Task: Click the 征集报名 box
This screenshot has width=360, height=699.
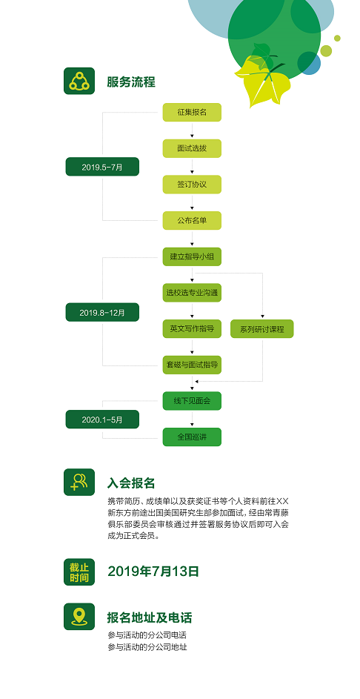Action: [x=192, y=113]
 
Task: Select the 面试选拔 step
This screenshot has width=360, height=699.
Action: [x=192, y=148]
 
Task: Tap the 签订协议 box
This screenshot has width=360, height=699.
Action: [x=192, y=185]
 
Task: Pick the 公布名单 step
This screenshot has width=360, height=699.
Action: [x=192, y=221]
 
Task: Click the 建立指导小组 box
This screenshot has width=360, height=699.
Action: [x=192, y=257]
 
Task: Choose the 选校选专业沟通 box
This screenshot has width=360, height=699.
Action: [x=192, y=294]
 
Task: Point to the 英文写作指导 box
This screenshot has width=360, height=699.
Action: [x=192, y=329]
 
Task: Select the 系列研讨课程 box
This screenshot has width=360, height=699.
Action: [x=262, y=329]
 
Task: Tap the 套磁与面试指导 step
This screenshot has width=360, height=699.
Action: [x=192, y=365]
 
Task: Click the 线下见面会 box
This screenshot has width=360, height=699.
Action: [x=192, y=401]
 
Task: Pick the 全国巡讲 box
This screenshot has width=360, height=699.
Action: [x=192, y=437]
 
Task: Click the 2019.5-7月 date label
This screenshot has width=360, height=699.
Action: [x=102, y=167]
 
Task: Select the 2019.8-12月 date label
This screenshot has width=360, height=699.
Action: [x=102, y=312]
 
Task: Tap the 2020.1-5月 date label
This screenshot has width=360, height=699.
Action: [x=102, y=420]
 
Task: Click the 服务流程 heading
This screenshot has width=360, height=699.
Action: [x=131, y=82]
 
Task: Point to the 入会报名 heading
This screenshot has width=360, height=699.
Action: [x=131, y=483]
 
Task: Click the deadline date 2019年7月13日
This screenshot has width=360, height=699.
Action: [x=153, y=572]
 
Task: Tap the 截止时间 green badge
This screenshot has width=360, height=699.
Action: [x=79, y=572]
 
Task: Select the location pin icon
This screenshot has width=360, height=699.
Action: [x=79, y=617]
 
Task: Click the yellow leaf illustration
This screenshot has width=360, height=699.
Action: [x=263, y=82]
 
